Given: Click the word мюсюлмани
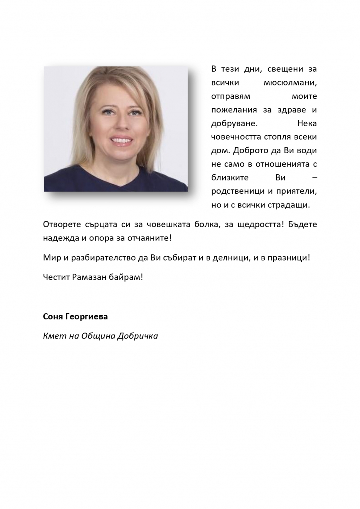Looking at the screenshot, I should coord(290,83).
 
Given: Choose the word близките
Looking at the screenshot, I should coord(230,178).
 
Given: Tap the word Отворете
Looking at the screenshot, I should coord(62,224).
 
